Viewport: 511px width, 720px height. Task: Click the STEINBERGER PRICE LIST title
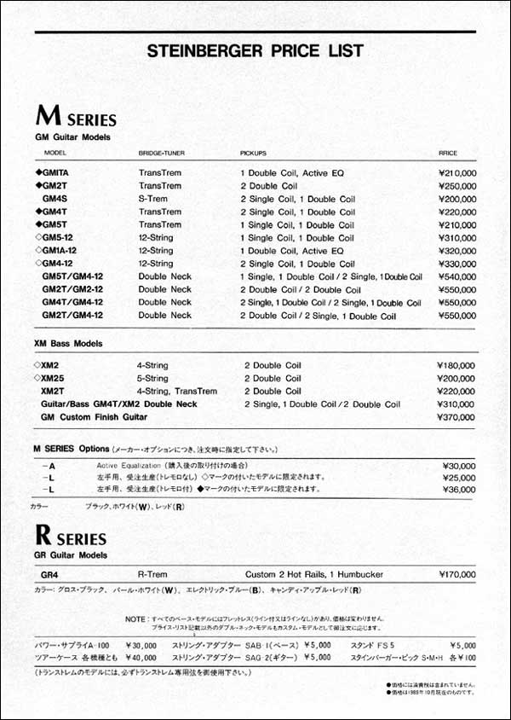255,50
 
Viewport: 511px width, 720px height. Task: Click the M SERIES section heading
76,117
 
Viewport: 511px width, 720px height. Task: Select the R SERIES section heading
71,537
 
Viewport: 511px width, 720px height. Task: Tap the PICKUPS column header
253,154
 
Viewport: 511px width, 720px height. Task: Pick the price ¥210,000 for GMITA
456,173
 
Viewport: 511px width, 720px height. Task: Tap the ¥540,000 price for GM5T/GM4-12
456,277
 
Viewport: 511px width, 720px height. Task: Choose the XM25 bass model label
54,378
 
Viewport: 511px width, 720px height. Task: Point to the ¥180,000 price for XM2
456,365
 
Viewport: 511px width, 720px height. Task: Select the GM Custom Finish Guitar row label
95,416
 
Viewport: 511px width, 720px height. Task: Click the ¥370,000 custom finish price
456,416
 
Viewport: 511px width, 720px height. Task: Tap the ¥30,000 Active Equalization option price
459,466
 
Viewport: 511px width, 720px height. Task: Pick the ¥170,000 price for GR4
456,575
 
